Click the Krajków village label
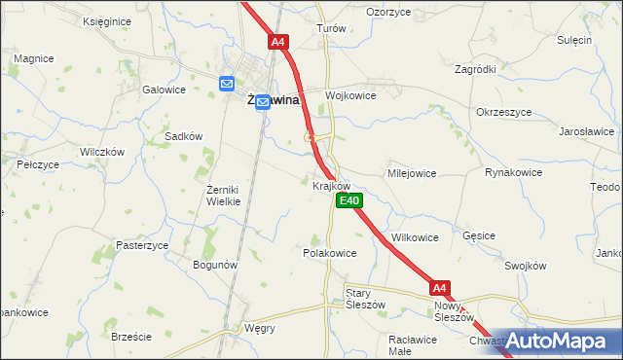(x=331, y=185)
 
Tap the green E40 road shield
(x=349, y=200)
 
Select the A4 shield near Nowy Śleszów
(x=440, y=288)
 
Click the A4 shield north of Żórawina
(x=278, y=42)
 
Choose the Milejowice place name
(x=412, y=172)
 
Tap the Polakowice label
(x=330, y=252)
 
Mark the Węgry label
(x=259, y=328)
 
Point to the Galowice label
(x=164, y=90)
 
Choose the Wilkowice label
(x=415, y=237)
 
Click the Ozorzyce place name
(x=387, y=12)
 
